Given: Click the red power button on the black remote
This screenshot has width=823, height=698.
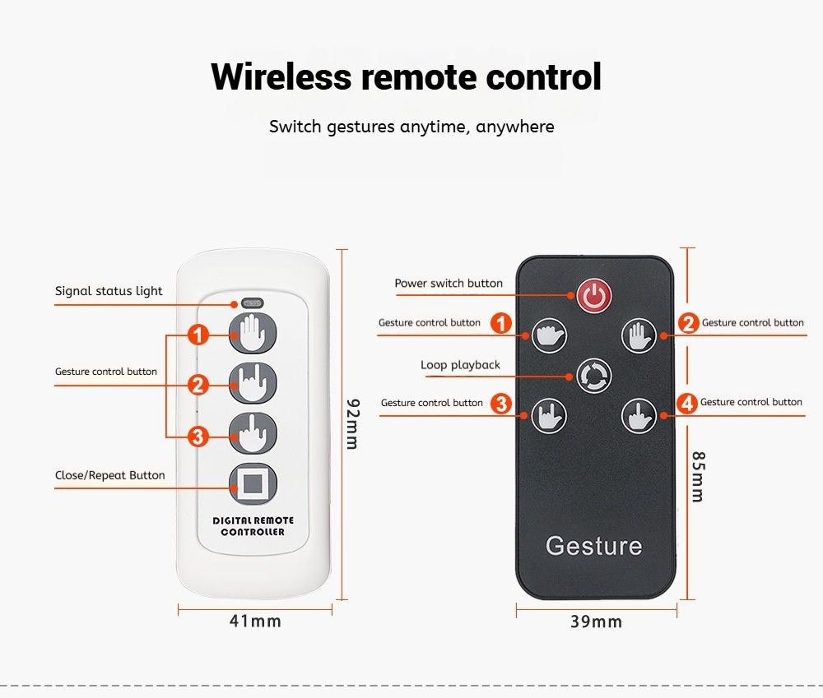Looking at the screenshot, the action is point(594,296).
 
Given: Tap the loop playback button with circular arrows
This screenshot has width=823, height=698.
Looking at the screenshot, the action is point(594,376).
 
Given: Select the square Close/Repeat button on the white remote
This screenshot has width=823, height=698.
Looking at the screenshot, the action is point(253,483).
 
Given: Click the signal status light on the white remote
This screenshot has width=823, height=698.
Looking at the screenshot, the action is point(252,303).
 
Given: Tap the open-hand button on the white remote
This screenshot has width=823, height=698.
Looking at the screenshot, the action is point(253,334).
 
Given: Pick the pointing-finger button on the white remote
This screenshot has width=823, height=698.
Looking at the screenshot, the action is point(253,433).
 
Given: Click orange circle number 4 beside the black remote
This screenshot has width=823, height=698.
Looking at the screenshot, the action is point(686,404).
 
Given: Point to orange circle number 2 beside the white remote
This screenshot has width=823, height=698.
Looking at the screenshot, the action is point(198,386).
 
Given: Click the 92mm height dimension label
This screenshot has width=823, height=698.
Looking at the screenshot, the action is point(353,424).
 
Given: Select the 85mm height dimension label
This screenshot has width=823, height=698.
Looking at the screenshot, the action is point(698,477).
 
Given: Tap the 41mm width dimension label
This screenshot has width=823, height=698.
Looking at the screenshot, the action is point(255,622).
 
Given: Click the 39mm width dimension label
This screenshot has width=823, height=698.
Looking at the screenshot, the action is point(596,622).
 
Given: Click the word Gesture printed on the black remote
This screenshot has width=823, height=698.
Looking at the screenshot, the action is point(593,546).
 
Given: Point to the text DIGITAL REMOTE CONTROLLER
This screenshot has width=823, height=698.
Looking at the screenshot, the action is point(253,526).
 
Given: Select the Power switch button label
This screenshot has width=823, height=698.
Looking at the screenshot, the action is point(449,283).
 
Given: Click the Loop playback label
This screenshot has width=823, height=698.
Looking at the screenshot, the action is point(460,365).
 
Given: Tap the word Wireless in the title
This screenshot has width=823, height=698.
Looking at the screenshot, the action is point(281,76).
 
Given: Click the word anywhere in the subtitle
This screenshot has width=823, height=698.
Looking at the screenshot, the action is point(515,127).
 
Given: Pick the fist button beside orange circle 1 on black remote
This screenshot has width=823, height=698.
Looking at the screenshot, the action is point(549,335).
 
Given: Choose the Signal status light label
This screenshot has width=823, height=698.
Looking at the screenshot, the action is point(109,291).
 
